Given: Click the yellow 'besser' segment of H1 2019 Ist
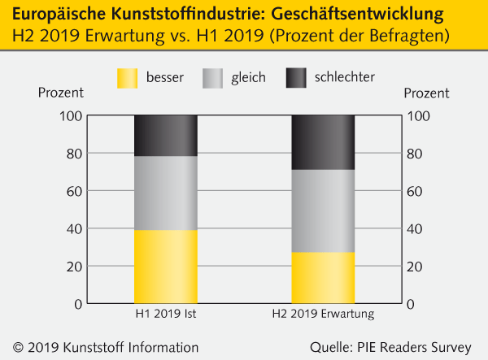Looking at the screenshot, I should tap(165, 267).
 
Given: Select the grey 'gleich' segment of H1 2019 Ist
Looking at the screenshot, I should tap(165, 193).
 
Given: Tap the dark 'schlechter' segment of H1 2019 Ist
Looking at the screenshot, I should tap(165, 135).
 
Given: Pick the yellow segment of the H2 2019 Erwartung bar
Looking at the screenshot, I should tap(323, 277).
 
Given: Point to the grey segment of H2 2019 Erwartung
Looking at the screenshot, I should tap(323, 210).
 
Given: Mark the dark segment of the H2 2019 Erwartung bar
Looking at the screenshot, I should tap(323, 142).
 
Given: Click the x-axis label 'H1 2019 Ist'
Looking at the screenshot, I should tap(165, 314).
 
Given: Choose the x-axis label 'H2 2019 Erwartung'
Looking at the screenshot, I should tap(323, 314).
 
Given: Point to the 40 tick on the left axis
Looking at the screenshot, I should tap(71, 228).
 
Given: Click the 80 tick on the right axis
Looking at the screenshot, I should tap(416, 154).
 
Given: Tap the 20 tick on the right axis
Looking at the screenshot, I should tap(416, 267).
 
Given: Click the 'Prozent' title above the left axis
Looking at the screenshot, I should tap(60, 92).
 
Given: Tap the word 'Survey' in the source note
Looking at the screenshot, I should tap(451, 347).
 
